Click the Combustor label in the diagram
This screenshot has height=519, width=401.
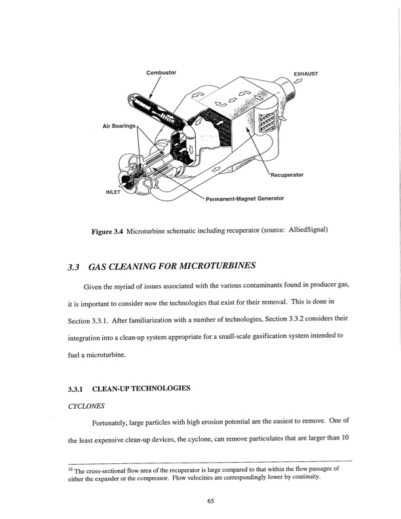161,73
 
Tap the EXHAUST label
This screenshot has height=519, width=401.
306,74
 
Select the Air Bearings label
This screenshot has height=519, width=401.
119,126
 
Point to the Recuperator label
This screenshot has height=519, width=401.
287,175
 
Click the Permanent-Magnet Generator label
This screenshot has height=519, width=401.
245,199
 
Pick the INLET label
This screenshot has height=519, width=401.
113,192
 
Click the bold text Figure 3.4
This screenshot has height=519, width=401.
107,231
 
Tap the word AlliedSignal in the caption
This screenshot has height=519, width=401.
308,230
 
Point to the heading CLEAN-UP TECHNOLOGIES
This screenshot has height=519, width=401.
141,388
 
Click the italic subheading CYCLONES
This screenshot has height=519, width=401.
86,406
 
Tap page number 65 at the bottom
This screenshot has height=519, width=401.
210,501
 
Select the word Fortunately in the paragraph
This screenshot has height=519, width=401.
109,423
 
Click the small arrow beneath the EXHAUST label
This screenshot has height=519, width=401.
299,81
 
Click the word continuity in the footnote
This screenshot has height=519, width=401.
307,477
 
